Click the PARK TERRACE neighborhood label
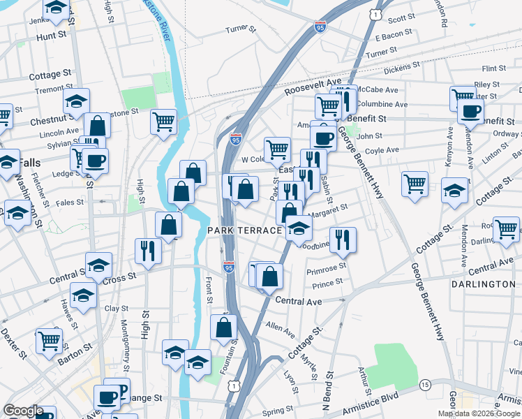pos(244,230)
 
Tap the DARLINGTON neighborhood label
pos(483,285)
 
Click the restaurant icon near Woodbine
pos(343,240)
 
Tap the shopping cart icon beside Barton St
pos(50,341)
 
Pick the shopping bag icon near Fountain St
pos(223,327)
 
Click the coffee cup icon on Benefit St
pos(470,110)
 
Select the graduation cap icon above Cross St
pos(98,265)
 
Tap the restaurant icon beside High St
pos(148,250)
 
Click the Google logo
pos(23,411)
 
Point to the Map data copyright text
pos(479,413)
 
